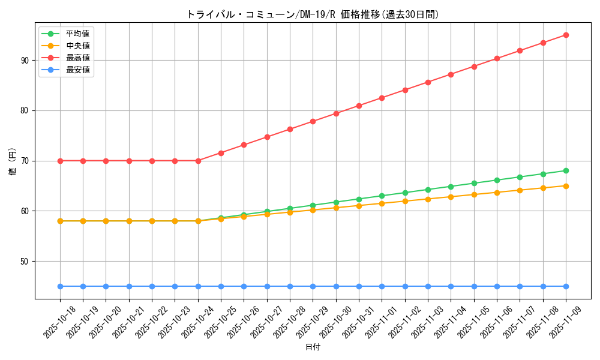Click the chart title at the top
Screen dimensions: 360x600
pyautogui.click(x=313, y=14)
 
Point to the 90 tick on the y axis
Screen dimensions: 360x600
pyautogui.click(x=25, y=60)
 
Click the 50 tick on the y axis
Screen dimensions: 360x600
pyautogui.click(x=25, y=261)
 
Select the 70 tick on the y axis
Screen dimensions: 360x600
pyautogui.click(x=25, y=161)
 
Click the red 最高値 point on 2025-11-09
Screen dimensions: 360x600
pyautogui.click(x=566, y=35)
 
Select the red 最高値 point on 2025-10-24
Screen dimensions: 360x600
pyautogui.click(x=198, y=161)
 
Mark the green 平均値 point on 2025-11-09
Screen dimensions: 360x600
pyautogui.click(x=566, y=170)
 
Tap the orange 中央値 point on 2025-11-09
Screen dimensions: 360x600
pyautogui.click(x=566, y=186)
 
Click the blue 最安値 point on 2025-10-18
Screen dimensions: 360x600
pyautogui.click(x=60, y=286)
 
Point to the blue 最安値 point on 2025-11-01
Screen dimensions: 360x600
pyautogui.click(x=382, y=286)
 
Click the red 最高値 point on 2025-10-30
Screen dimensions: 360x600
pyautogui.click(x=336, y=113)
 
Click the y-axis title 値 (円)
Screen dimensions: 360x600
pyautogui.click(x=13, y=161)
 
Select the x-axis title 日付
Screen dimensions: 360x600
pyautogui.click(x=313, y=347)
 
